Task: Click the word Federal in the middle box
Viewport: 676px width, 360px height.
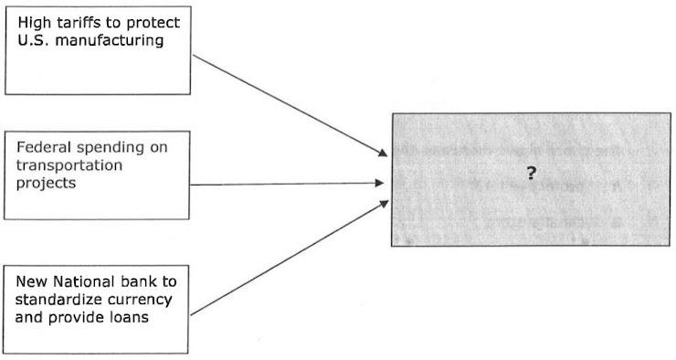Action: click(43, 147)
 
